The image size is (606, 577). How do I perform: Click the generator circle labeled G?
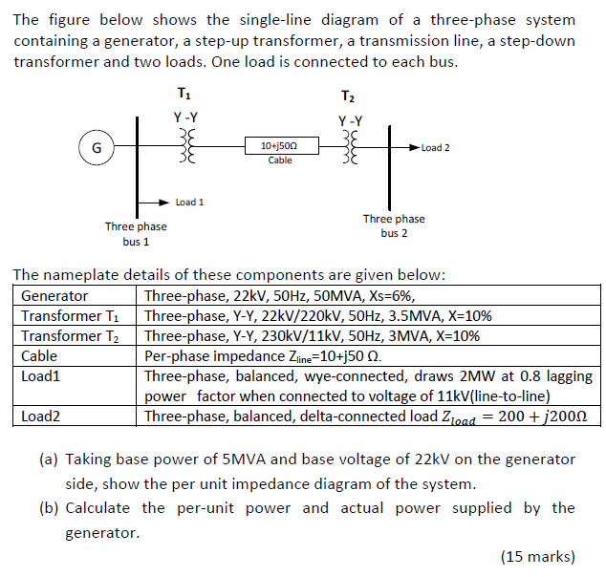95,148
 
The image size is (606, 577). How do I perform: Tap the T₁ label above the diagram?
184,94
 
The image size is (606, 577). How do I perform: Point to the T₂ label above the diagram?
348,97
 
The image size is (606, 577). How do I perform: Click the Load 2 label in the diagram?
435,148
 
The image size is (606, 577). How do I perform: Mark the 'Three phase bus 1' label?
136,234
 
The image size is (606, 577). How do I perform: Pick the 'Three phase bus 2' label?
394,225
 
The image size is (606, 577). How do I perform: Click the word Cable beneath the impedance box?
280,160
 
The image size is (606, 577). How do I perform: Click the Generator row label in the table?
54,296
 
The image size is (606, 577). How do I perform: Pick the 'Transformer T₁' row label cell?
70,316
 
